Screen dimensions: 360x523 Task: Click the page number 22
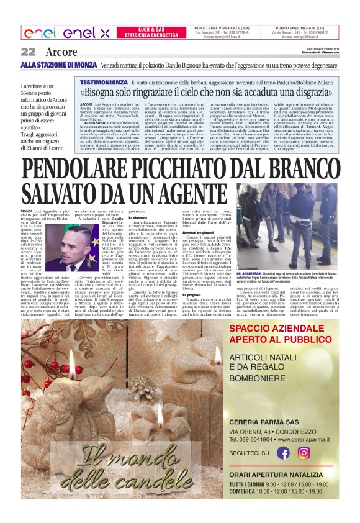28,52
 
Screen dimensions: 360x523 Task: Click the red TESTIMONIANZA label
104,82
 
